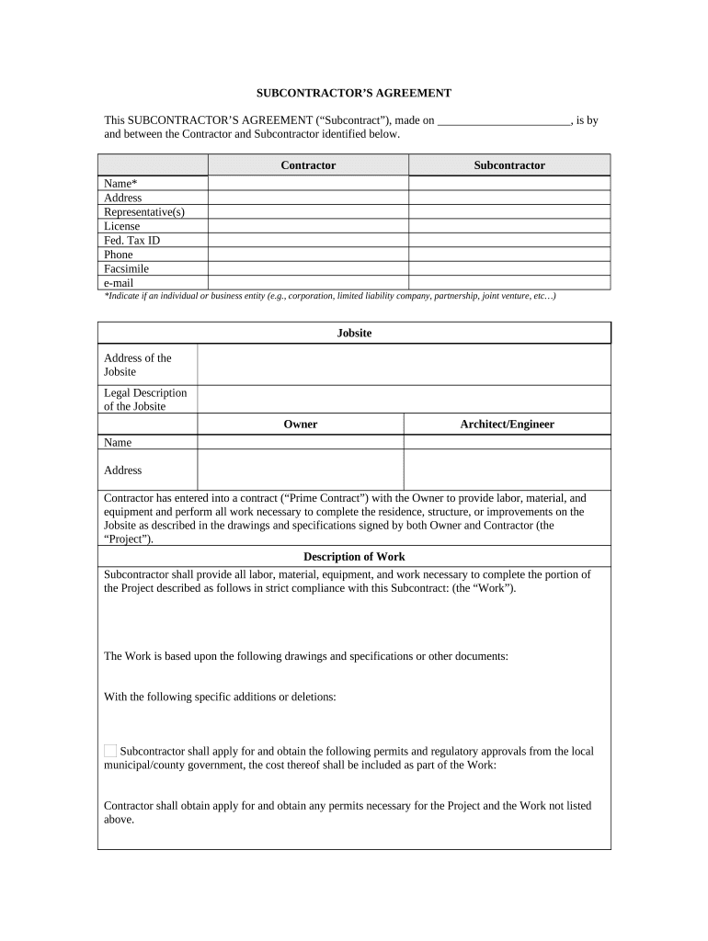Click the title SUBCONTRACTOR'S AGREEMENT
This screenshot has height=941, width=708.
[x=353, y=93]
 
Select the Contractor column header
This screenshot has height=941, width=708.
[x=308, y=165]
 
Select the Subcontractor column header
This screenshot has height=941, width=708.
[x=508, y=165]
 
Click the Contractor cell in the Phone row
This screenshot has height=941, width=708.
[x=308, y=255]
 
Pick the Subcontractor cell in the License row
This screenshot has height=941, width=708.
[x=508, y=226]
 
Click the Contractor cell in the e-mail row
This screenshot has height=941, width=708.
[x=308, y=283]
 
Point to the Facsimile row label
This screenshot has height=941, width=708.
[x=126, y=269]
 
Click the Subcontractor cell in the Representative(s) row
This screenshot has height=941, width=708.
[x=508, y=212]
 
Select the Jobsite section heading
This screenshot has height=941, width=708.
[x=354, y=333]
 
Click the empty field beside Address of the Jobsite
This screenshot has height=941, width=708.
[x=404, y=365]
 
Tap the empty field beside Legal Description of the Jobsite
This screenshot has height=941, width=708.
[x=404, y=399]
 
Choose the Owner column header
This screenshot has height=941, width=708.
[x=301, y=424]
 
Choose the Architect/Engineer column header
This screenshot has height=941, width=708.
[x=507, y=424]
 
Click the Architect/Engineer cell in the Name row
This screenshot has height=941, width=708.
[x=507, y=442]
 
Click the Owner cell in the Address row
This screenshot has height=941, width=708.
[x=301, y=470]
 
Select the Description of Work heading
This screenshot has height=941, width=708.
[x=354, y=557]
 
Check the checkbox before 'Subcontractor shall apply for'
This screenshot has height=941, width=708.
[x=110, y=751]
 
